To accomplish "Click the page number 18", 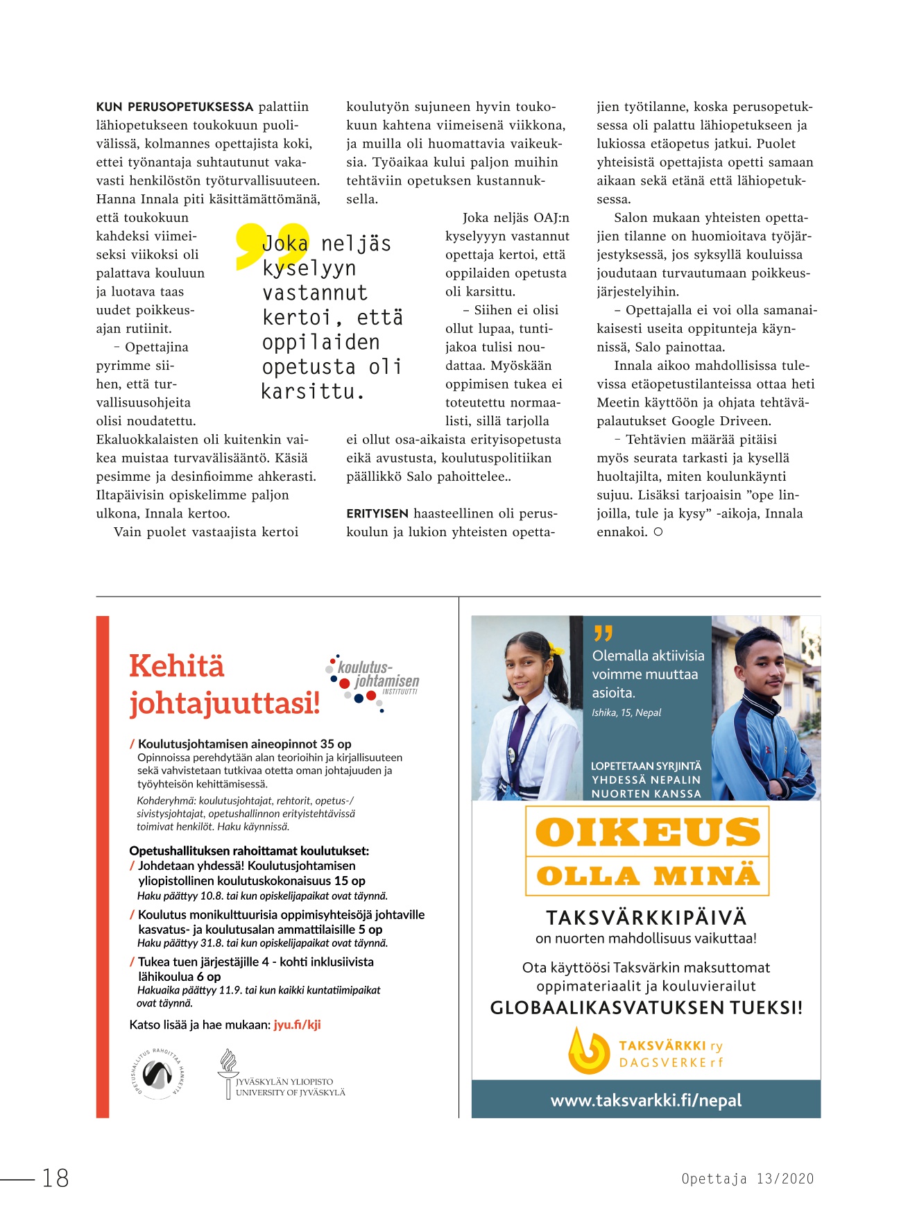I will (55, 1178).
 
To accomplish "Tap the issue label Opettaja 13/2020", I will (747, 1179).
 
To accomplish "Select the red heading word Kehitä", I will (177, 666).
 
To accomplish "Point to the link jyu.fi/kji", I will (297, 1025).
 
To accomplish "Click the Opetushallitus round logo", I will (157, 1073).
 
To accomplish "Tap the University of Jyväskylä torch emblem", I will (228, 1072).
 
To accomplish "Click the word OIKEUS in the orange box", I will (647, 832).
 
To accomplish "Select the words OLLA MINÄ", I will (647, 876).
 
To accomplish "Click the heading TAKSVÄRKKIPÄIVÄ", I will (646, 918).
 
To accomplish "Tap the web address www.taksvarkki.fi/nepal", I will (646, 1100).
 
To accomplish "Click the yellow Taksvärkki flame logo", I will (588, 1050).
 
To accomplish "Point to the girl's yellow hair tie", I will (555, 649).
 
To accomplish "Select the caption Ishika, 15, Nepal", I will (626, 712).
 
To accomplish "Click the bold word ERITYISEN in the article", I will (377, 513).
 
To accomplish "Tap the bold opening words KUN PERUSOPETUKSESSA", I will (175, 107).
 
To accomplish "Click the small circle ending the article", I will (658, 532).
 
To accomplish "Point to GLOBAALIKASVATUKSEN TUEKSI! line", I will (646, 1008).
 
